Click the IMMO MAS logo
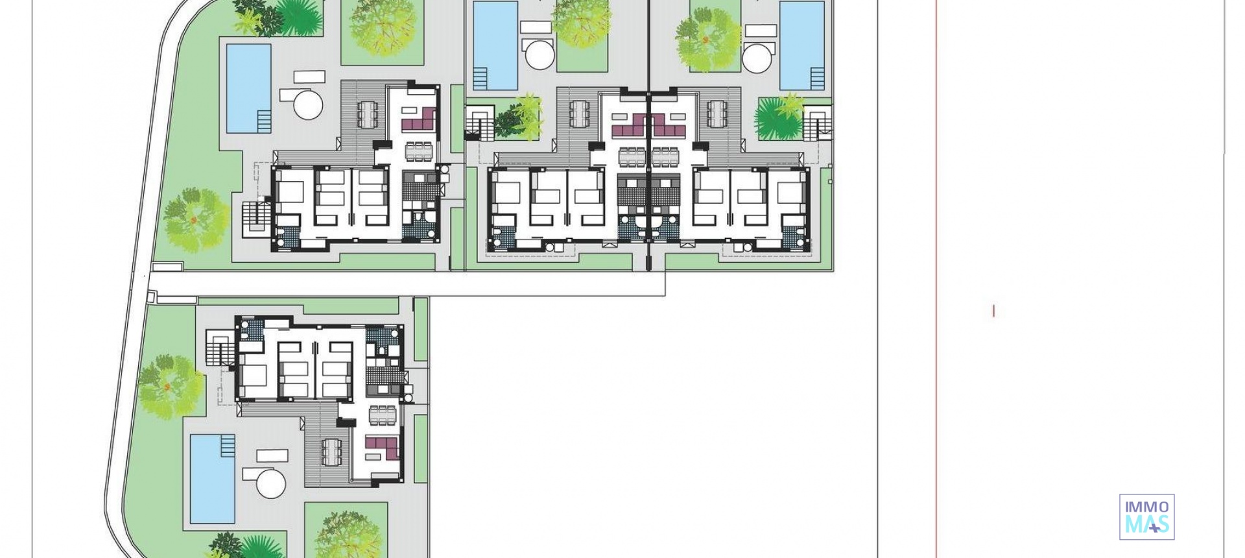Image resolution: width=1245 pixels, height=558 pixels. coord(1146,516)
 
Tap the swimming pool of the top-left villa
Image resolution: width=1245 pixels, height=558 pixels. coord(248,88)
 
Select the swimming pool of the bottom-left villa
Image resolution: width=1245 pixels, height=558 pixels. coord(213,478)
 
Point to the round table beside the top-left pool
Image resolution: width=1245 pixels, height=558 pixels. coord(307,103)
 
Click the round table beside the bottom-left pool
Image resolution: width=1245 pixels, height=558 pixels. coord(271,484)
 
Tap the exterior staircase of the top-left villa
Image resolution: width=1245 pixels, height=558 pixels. coord(255,218)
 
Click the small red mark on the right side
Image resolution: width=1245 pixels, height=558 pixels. coord(993,311)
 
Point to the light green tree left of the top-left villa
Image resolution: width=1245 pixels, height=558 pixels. coord(194,220)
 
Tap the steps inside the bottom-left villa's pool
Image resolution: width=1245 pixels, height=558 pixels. coord(228,445)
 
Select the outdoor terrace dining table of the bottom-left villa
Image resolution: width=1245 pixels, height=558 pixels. coord(331,448)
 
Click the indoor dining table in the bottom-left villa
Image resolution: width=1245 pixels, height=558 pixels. coord(383,413)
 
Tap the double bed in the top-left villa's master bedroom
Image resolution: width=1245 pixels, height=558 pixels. coord(290,193)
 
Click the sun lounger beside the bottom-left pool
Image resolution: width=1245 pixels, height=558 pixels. coord(272,455)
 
